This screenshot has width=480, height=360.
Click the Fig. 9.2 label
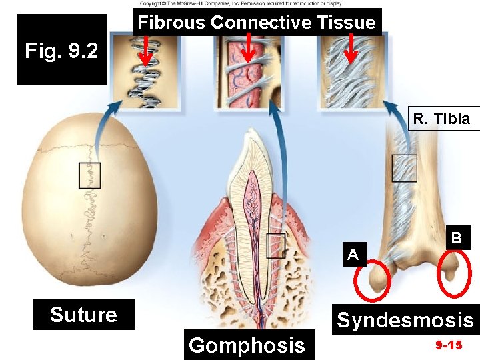pyautogui.click(x=61, y=51)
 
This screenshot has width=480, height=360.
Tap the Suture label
pyautogui.click(x=83, y=315)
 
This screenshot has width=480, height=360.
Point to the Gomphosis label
pyautogui.click(x=247, y=345)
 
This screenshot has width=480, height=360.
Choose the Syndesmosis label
pyautogui.click(x=405, y=321)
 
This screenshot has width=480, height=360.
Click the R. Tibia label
pyautogui.click(x=441, y=119)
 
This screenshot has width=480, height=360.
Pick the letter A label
pyautogui.click(x=353, y=253)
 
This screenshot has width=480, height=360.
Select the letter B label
pyautogui.click(x=456, y=238)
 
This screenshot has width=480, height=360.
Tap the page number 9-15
pyautogui.click(x=449, y=346)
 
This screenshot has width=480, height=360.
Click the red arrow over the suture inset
pyautogui.click(x=145, y=51)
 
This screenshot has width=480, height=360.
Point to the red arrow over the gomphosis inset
pyautogui.click(x=248, y=47)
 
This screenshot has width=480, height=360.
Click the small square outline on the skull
pyautogui.click(x=89, y=175)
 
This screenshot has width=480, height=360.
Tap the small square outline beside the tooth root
pyautogui.click(x=275, y=245)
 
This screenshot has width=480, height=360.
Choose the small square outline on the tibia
pyautogui.click(x=404, y=167)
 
